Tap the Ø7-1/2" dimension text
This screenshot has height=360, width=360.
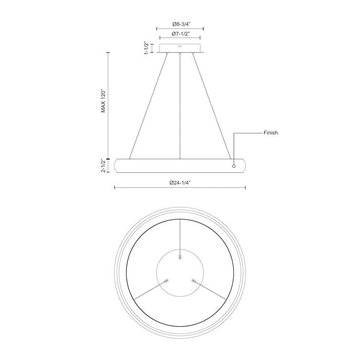[x=181, y=34]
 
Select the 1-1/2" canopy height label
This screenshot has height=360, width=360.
[x=146, y=48]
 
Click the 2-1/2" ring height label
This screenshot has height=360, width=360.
[x=104, y=165]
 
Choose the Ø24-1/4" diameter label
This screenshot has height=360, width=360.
[x=180, y=183]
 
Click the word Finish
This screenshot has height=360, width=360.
[x=270, y=133]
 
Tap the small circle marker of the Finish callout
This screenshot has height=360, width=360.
[x=234, y=166]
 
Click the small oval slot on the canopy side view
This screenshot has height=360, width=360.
[x=180, y=46]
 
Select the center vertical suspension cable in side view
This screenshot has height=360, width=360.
[x=180, y=106]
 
